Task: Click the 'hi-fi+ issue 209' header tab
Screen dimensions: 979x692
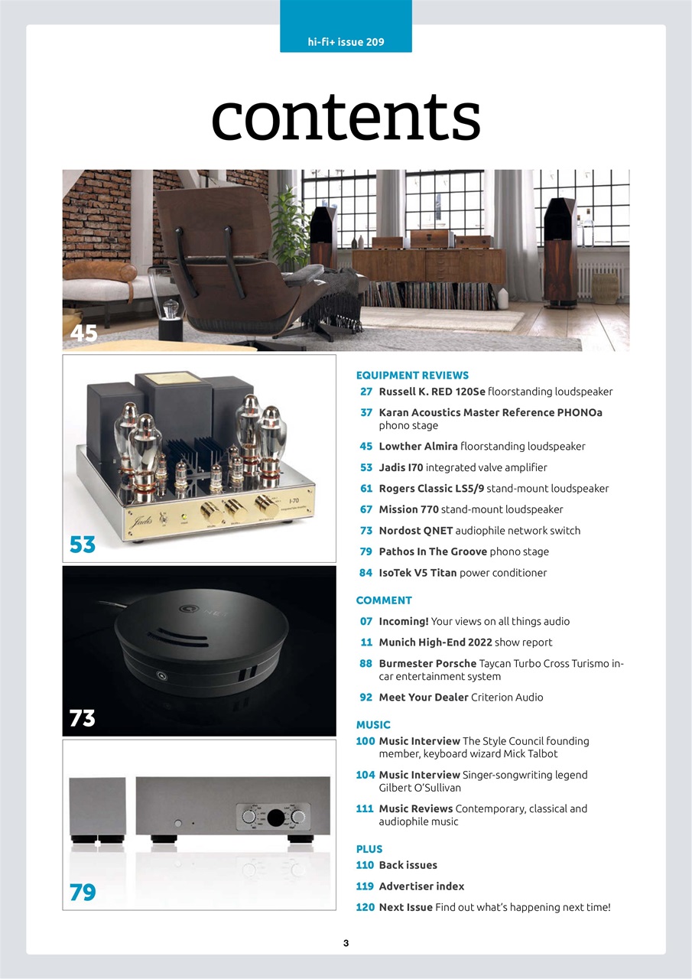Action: [346, 42]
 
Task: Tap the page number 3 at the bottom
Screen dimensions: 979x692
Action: [346, 943]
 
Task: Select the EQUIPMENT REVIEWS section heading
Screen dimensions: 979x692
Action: [412, 376]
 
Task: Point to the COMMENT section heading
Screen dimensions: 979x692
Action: [384, 600]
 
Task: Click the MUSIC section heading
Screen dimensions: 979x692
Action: [373, 724]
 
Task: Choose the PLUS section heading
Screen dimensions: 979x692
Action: [369, 849]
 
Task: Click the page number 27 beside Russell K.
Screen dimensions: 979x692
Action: [366, 392]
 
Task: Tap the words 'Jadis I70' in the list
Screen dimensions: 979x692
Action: [401, 467]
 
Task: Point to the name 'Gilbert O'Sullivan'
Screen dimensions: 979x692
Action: [420, 787]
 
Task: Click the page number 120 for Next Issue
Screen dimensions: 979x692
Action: [365, 907]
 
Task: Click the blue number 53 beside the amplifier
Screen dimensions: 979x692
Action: [83, 545]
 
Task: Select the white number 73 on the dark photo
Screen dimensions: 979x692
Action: [83, 718]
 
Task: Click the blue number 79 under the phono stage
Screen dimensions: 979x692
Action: [83, 892]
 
